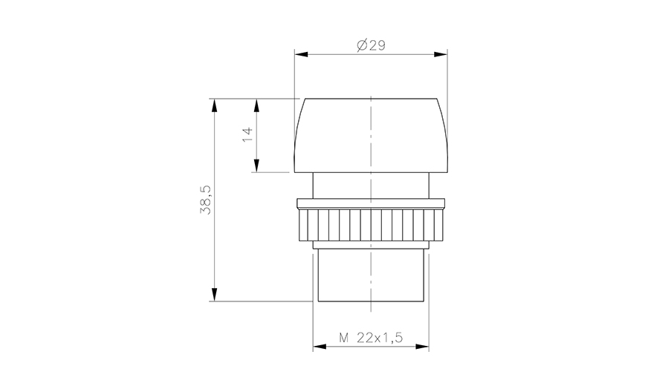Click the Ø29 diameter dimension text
coord(371,46)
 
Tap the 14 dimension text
coord(247,134)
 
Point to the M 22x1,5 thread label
coord(371,338)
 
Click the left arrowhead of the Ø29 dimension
coord(299,53)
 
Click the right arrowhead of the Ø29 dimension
coord(444,53)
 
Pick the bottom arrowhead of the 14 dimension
coord(256,168)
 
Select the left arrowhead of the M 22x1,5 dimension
coord(317,346)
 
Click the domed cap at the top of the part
coord(371,134)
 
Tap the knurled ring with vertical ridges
coord(371,225)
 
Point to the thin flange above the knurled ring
coord(371,203)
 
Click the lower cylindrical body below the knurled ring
coord(371,275)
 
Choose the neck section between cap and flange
coord(371,184)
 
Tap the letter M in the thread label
coord(344,338)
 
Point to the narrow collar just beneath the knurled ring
coord(371,245)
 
